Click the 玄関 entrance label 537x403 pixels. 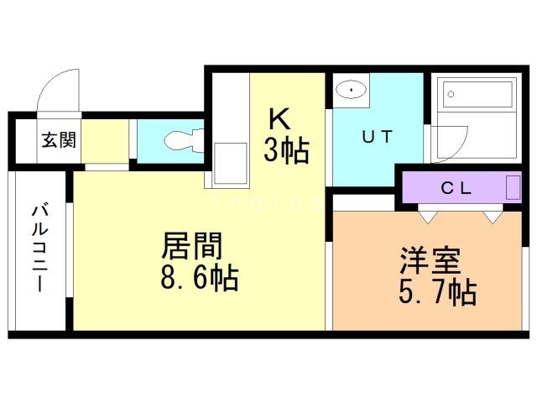tap(58, 139)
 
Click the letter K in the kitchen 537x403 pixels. tap(279, 118)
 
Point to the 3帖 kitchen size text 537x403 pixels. tap(288, 151)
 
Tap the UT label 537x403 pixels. tap(377, 137)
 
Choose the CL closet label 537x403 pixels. tap(457, 187)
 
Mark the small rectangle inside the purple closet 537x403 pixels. tap(513, 186)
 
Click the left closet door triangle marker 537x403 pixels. tap(429, 217)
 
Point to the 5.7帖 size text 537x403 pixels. tap(435, 293)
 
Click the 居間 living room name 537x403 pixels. tap(192, 247)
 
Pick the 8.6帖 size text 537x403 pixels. tap(198, 277)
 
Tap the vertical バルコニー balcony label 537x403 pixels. tap(39, 247)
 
